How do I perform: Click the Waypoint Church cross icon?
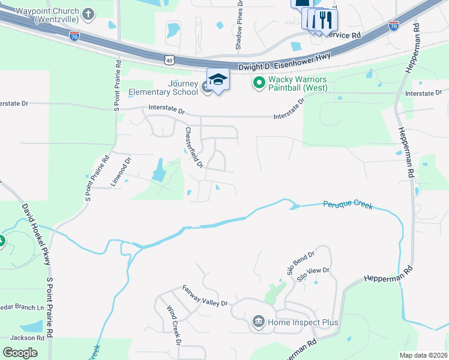click(x=88, y=14)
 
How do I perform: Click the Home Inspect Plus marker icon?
click(x=259, y=322)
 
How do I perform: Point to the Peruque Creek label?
click(x=348, y=205)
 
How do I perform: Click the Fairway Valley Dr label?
click(x=205, y=296)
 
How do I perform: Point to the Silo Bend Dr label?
click(x=300, y=262)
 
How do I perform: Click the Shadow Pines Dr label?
click(x=240, y=16)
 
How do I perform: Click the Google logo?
click(x=20, y=353)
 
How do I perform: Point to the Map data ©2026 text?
click(x=423, y=355)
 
